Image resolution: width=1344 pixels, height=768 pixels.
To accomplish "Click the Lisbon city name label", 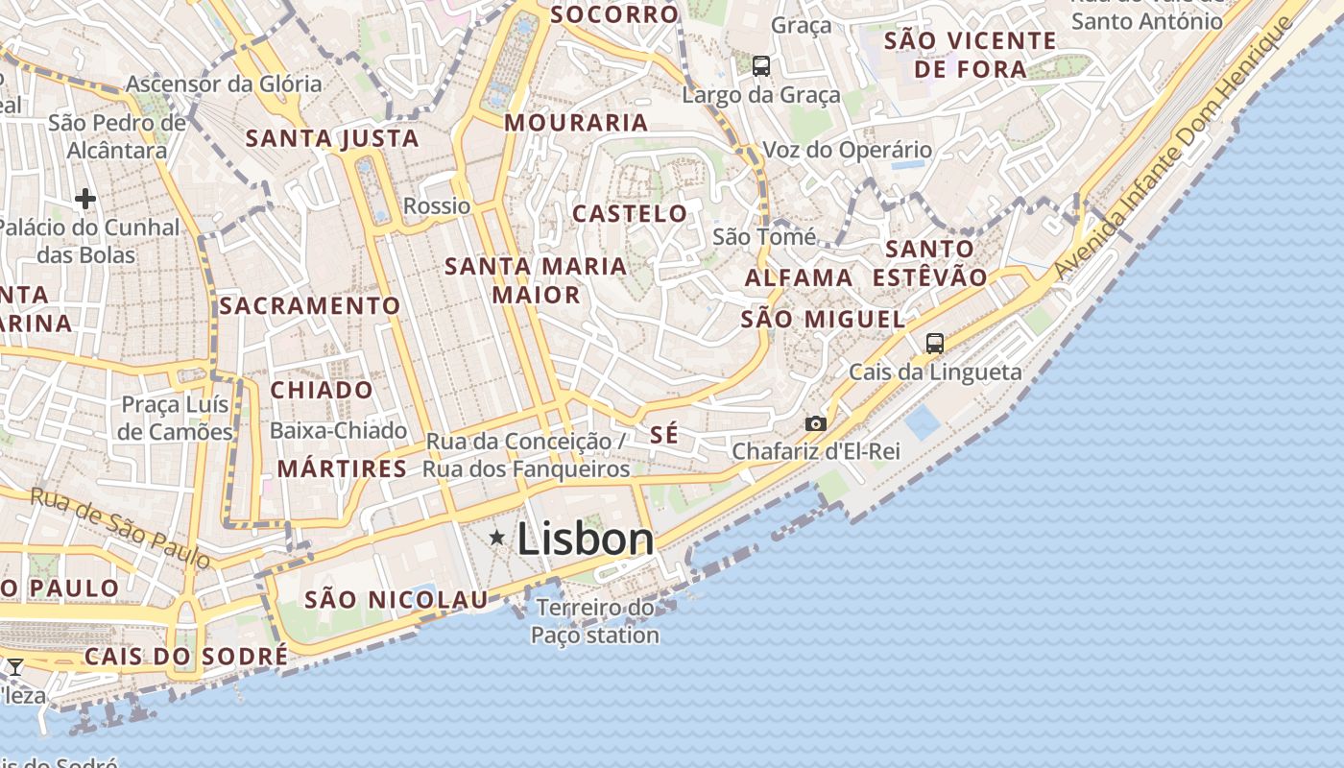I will coord(586,539).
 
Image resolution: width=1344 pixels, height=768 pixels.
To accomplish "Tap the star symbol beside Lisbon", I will coord(496,538).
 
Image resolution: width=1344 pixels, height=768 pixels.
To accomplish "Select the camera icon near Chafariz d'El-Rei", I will coord(815,423).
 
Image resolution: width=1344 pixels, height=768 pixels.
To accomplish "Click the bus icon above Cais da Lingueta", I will coord(934,343).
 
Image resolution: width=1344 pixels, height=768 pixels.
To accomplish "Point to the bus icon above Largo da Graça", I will coord(761,66).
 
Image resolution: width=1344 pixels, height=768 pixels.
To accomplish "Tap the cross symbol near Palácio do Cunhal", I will coord(85,199).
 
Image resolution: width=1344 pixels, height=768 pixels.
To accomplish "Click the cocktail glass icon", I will coord(15,666).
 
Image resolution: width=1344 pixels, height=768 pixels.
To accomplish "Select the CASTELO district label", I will coord(630,213).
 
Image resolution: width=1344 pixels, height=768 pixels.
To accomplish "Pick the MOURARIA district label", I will coord(576,123).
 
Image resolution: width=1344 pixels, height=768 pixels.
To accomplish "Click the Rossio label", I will coord(437,205).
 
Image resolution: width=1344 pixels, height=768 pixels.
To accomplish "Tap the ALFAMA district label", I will coord(799,278).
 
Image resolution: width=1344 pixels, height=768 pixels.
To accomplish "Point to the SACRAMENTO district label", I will coord(310,306).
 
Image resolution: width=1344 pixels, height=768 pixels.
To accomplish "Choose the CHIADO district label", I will coord(322,390).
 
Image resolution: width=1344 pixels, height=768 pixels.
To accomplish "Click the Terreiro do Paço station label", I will coord(595,621).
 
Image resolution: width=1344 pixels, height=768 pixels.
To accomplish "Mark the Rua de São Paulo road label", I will coord(120,527).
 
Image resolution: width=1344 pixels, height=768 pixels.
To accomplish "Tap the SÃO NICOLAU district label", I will coord(396,600).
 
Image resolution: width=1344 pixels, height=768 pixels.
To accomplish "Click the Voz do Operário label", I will coord(847,150).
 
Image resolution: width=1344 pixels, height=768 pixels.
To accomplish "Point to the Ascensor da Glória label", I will coord(224,84).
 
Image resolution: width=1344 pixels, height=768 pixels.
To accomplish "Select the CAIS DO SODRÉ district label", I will coord(186,657).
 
